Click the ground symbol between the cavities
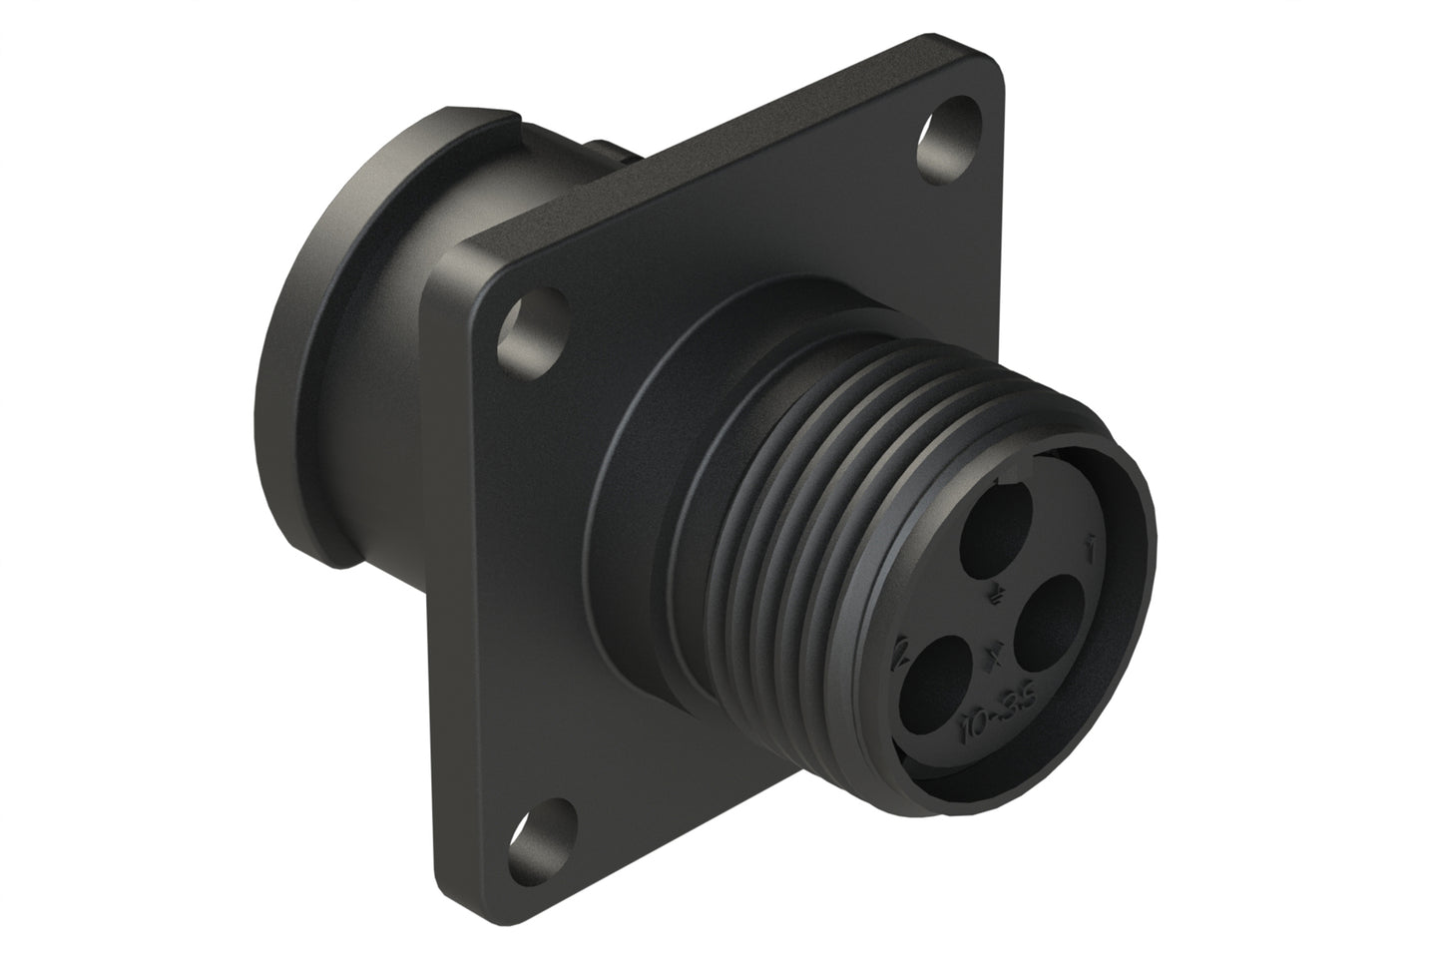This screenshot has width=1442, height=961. pyautogui.click(x=996, y=596)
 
